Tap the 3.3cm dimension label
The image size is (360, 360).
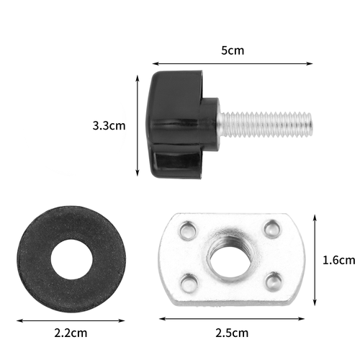(x=109, y=125)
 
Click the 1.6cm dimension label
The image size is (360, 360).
(x=338, y=260)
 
